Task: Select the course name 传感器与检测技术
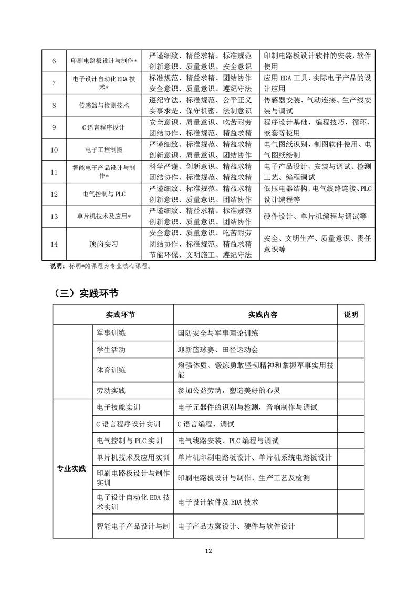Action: click(x=103, y=105)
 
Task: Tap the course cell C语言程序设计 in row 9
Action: click(x=103, y=127)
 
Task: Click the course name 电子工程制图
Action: click(x=103, y=149)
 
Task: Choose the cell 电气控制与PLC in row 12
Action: click(x=103, y=194)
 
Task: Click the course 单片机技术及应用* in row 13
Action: click(x=103, y=216)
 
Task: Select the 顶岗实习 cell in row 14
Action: click(x=103, y=243)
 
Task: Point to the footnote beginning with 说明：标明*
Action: click(x=100, y=266)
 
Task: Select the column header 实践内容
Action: click(x=255, y=315)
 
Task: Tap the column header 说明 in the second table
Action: click(x=351, y=315)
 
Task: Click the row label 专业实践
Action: click(x=71, y=468)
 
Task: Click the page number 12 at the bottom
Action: click(x=208, y=551)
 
